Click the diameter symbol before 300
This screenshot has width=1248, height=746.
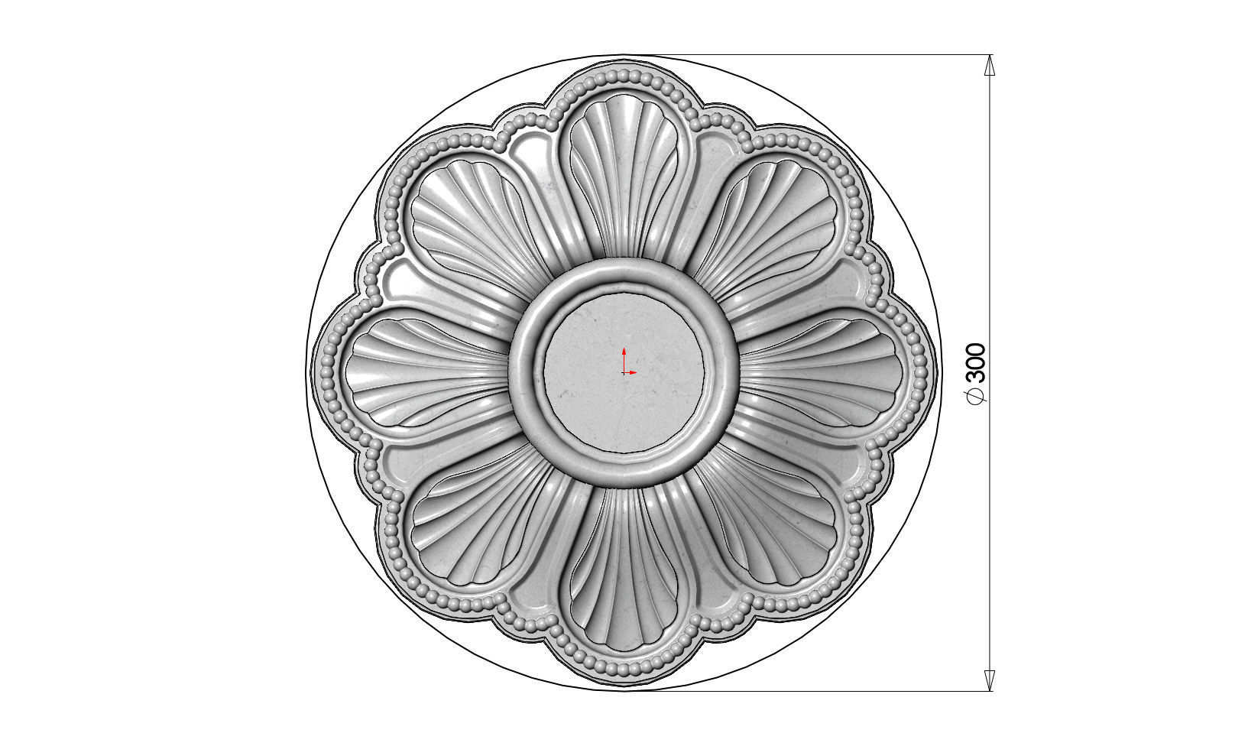(977, 395)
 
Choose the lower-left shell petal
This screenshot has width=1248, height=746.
(478, 520)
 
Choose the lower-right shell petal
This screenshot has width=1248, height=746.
(772, 520)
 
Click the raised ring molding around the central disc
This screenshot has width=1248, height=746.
(527, 373)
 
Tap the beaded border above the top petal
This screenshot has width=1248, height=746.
(624, 75)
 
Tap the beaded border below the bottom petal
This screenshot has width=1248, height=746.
(624, 671)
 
